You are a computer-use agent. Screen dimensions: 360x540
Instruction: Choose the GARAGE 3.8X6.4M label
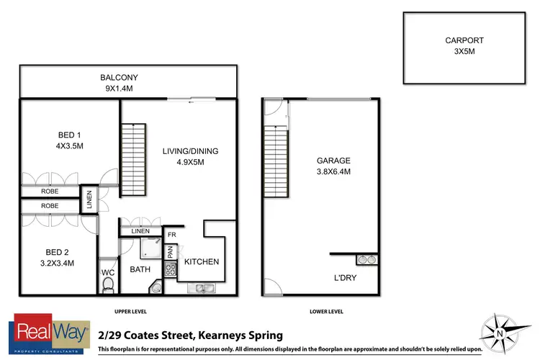(x=333, y=166)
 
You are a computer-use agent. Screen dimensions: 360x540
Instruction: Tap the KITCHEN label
(x=202, y=261)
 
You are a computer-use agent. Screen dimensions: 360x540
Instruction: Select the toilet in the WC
(x=109, y=286)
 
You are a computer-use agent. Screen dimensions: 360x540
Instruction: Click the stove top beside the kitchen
(x=171, y=271)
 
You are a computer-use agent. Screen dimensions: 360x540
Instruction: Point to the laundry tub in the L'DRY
(x=367, y=259)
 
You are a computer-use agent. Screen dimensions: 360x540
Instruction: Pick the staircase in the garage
(x=276, y=160)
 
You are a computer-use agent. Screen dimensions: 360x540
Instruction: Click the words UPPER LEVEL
(x=131, y=312)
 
